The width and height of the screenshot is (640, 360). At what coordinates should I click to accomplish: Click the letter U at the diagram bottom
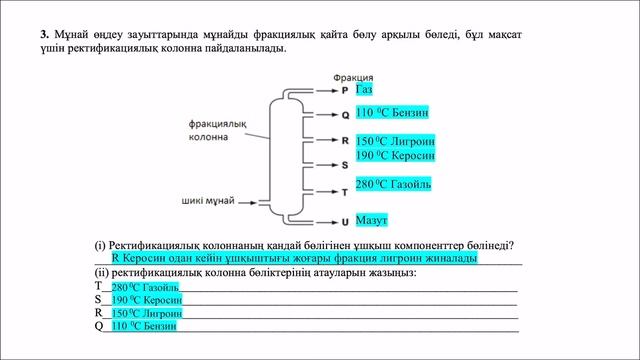tap(345, 220)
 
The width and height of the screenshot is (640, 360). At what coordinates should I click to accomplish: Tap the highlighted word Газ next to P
tap(364, 90)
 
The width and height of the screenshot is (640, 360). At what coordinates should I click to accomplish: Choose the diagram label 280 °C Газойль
tap(393, 184)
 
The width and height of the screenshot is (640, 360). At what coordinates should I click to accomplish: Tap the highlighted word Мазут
tap(371, 219)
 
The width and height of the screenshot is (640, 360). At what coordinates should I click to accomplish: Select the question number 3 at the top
tap(45, 34)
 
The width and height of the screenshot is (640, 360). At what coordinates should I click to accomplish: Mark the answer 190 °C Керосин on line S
tap(146, 300)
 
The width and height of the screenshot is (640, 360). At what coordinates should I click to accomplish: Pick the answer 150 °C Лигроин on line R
tap(146, 313)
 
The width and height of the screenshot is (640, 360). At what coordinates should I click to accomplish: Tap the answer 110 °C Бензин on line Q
tap(144, 326)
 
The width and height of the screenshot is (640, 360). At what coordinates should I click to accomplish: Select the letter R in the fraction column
tap(345, 142)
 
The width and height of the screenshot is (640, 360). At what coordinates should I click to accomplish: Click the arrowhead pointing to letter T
tap(333, 191)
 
